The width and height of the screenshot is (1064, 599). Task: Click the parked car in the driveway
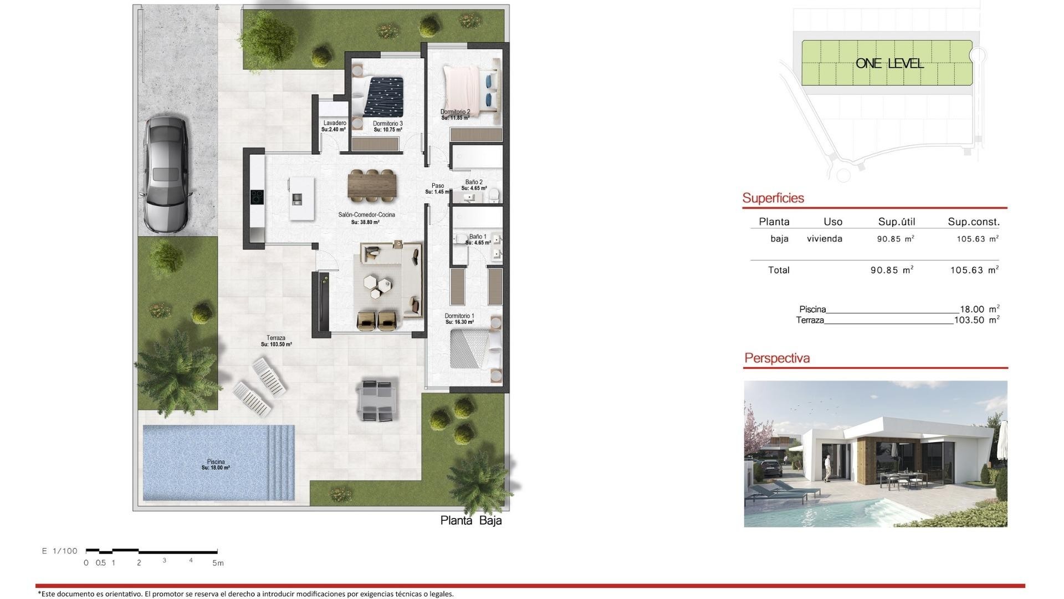click(x=166, y=174)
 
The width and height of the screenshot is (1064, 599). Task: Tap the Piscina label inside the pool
click(x=216, y=462)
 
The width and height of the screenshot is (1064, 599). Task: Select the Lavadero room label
click(x=334, y=123)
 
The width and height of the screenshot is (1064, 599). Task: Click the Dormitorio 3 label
click(x=387, y=124)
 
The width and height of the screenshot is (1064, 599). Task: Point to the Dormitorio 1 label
click(x=459, y=316)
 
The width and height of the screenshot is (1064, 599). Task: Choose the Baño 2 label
click(x=474, y=182)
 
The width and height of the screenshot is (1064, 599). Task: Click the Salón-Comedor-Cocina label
click(x=366, y=215)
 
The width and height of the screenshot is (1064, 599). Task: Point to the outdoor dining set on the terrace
click(x=376, y=400)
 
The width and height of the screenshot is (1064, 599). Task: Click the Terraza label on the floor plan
click(x=276, y=338)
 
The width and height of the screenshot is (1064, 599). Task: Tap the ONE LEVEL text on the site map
click(x=889, y=63)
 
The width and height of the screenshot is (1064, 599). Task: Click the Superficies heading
click(x=773, y=198)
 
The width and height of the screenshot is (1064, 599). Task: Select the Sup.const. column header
click(x=973, y=222)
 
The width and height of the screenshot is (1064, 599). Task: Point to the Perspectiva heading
click(x=777, y=358)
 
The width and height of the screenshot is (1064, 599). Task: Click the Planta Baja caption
click(x=470, y=520)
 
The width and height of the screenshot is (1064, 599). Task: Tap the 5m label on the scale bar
click(x=218, y=563)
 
